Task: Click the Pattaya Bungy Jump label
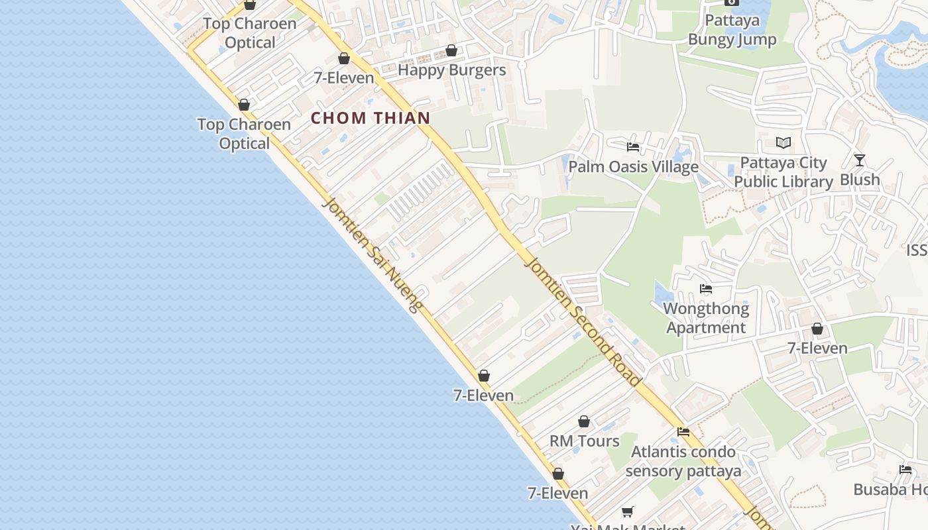732,30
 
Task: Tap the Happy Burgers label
451,70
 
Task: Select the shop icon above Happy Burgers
451,50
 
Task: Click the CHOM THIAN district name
371,119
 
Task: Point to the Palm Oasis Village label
633,166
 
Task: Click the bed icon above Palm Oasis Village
633,147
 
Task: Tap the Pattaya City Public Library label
783,172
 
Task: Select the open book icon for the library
783,142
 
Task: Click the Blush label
860,180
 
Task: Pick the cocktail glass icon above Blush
860,160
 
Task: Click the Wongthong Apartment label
706,318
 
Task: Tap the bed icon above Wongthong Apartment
706,289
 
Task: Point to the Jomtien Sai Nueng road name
372,254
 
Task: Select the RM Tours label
584,441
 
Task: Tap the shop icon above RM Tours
584,421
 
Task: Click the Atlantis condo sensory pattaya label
683,462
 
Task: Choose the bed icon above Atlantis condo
683,432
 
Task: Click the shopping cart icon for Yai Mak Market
627,511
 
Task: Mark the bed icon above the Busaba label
905,470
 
